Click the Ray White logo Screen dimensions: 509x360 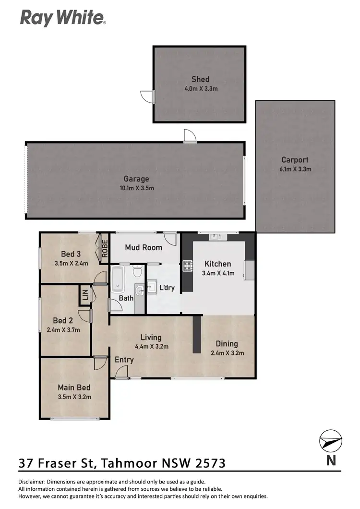(62, 18)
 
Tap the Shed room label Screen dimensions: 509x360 (200, 79)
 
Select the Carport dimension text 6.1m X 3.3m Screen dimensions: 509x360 (295, 169)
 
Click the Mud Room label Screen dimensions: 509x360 (144, 247)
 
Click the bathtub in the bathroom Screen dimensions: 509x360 (117, 280)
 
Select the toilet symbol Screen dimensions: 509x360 (137, 272)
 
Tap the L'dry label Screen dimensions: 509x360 (167, 288)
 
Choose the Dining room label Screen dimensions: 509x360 (227, 344)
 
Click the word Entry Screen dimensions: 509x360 (124, 360)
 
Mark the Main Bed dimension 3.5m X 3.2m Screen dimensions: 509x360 (74, 397)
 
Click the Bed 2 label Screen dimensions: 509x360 (63, 321)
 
